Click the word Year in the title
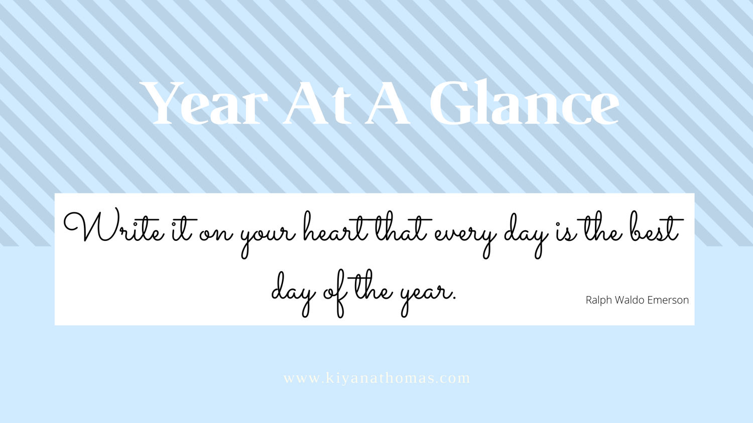pyautogui.click(x=204, y=103)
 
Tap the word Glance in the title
pyautogui.click(x=525, y=102)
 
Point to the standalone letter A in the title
pyautogui.click(x=388, y=103)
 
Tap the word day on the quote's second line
pyautogui.click(x=294, y=293)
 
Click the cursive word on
pyautogui.click(x=216, y=233)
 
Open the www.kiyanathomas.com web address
pyautogui.click(x=376, y=378)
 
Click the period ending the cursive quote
pyautogui.click(x=454, y=299)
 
